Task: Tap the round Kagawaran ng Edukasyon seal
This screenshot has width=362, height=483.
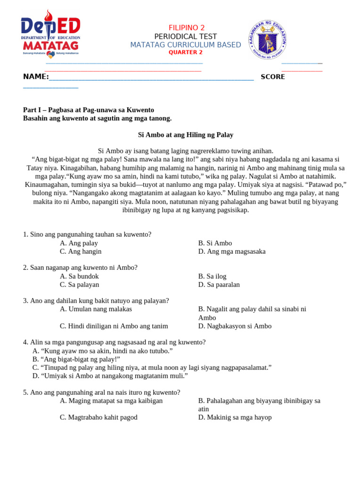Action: (268, 40)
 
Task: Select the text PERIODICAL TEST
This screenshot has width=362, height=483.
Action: (186, 36)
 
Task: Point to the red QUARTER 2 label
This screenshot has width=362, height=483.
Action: (186, 52)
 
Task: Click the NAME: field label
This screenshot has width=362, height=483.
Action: (36, 77)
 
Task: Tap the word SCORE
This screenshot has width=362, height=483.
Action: (272, 77)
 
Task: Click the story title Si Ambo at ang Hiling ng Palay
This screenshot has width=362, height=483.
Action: (186, 135)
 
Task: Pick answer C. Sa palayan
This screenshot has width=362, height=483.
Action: (80, 285)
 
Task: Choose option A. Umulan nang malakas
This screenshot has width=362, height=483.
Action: (96, 309)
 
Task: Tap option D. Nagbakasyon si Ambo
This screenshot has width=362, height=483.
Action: (235, 326)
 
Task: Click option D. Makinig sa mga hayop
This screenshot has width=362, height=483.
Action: (235, 417)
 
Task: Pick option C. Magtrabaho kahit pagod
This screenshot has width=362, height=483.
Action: (99, 417)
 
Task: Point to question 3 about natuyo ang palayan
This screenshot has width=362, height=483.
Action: (96, 300)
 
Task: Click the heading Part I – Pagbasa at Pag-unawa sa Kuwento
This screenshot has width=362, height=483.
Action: (89, 110)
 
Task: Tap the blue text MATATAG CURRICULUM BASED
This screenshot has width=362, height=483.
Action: (186, 45)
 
